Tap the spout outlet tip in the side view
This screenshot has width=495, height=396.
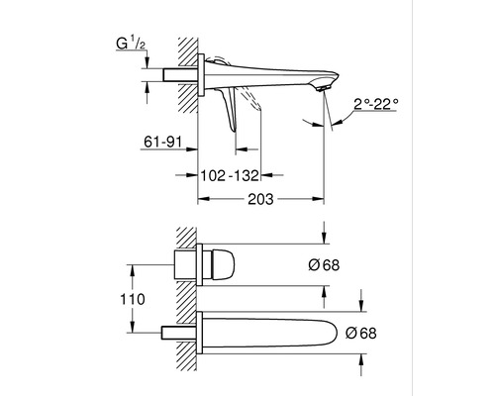323,88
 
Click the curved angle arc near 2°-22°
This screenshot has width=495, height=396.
340,117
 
